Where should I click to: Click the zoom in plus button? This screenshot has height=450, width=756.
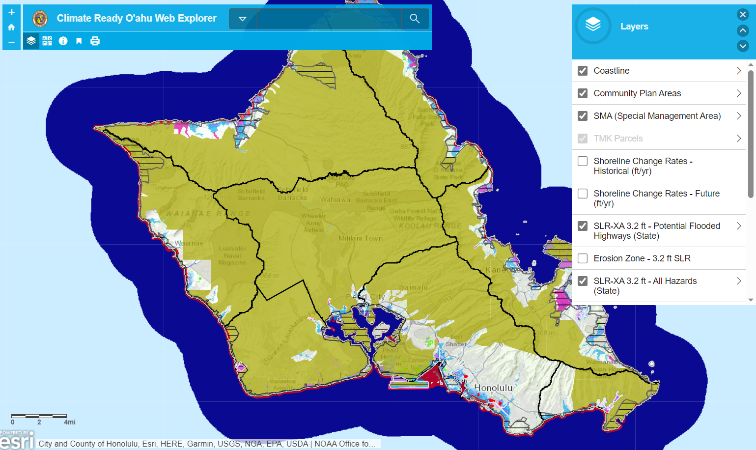pos(11,12)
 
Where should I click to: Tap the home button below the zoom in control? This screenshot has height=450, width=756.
pos(11,28)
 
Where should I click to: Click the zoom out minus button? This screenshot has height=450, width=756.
pos(11,43)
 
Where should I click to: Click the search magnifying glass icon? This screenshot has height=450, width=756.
pos(415,19)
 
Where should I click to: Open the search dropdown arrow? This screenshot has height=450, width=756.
pos(242,19)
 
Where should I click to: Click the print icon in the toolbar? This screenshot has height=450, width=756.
pos(95,41)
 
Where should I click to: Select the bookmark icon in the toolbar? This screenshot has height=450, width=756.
pos(79,41)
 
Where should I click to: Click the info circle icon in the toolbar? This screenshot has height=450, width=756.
pos(63,41)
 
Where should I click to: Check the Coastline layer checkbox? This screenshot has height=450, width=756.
pos(583,71)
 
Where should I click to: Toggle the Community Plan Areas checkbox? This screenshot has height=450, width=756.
pos(583,93)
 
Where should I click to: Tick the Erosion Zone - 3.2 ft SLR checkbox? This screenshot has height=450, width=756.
pos(583,258)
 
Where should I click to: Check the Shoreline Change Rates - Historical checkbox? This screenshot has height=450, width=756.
pos(583,161)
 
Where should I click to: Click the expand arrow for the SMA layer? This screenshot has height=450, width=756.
pos(738,116)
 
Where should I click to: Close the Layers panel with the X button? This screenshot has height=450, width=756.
pos(743,15)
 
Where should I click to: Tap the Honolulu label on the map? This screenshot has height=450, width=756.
pos(493,388)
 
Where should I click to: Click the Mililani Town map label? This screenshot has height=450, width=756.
pos(361,238)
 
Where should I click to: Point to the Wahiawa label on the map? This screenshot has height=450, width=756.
pos(335,199)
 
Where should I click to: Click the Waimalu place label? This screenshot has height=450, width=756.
pos(413,287)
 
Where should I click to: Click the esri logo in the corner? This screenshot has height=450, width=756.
pos(17,441)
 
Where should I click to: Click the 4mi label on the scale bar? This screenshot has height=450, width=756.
pos(69,422)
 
